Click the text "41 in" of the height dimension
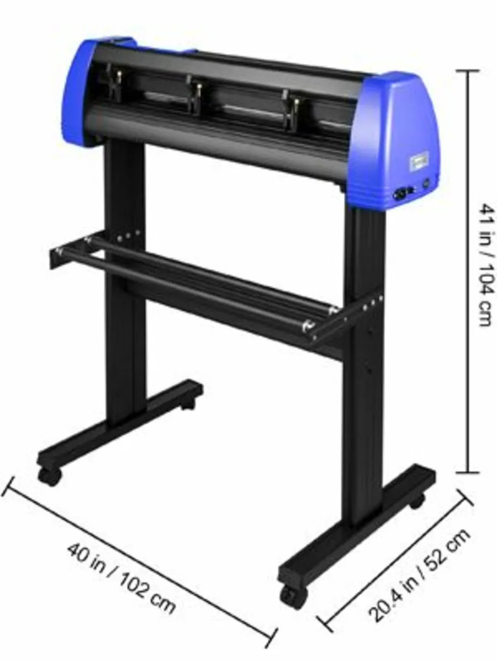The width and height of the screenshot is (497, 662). (484, 223)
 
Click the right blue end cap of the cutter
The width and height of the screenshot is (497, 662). (400, 138)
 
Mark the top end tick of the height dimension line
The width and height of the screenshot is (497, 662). (469, 71)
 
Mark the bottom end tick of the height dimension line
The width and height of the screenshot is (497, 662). (469, 473)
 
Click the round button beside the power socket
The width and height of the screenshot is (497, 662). (426, 183)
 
